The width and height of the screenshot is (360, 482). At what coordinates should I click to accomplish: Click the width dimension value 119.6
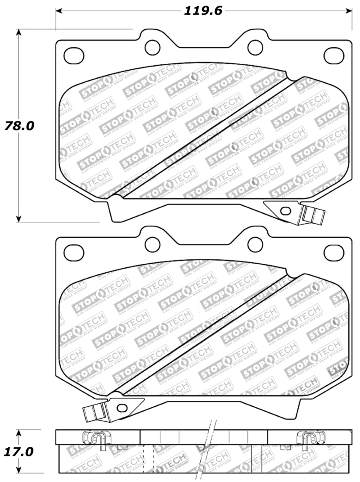(x=203, y=11)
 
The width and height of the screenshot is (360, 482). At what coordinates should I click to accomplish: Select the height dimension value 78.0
(x=19, y=126)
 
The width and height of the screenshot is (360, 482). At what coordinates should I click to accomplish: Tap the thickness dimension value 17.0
(x=19, y=451)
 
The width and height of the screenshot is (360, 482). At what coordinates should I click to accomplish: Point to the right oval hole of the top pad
(x=333, y=55)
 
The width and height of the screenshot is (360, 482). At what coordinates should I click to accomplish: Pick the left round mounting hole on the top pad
(x=153, y=46)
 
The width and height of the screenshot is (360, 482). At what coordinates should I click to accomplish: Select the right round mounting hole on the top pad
(x=255, y=46)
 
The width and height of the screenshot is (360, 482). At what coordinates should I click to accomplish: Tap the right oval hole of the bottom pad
(x=333, y=253)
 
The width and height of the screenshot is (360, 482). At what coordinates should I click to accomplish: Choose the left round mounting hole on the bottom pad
(x=153, y=244)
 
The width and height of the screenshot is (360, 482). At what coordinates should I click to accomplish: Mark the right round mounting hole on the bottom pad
(x=255, y=244)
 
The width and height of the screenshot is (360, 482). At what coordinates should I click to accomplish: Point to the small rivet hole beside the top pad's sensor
(x=284, y=210)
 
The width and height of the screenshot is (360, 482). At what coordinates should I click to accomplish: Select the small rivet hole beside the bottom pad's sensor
(x=121, y=407)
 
